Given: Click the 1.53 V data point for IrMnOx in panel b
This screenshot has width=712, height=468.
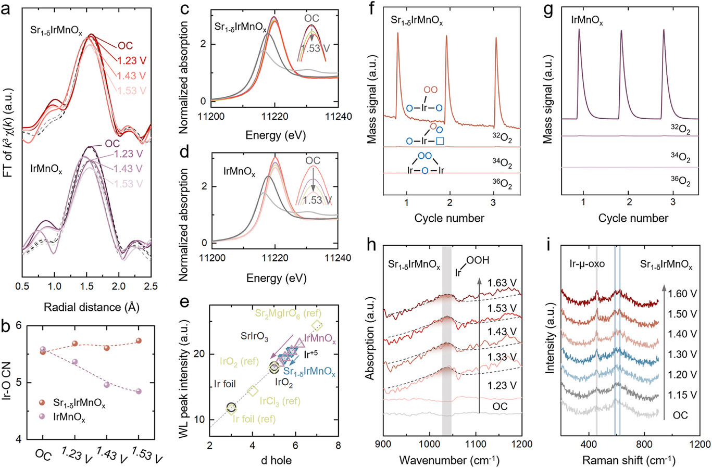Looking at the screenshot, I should click(139, 391).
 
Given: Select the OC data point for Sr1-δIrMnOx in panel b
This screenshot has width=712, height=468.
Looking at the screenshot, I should click(43, 352).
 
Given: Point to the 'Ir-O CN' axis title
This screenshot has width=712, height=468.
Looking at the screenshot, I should click(8, 383).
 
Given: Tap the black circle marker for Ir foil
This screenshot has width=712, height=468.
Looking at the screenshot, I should click(231, 407).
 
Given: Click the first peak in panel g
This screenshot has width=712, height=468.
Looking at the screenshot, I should click(579, 30).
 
